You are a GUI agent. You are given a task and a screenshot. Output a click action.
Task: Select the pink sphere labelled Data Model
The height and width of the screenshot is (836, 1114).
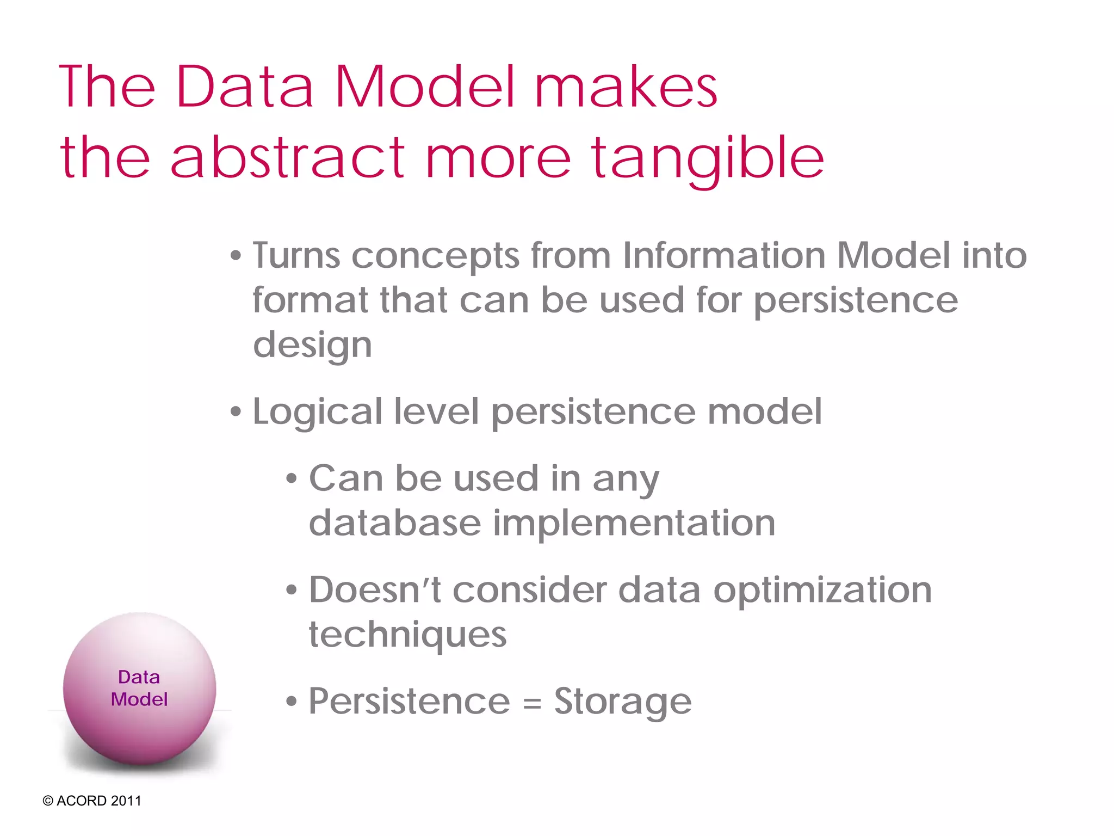point(139,689)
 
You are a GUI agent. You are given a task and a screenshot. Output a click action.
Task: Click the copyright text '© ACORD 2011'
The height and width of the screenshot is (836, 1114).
point(92,801)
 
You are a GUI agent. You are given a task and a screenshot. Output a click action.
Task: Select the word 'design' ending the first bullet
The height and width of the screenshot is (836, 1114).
point(312,346)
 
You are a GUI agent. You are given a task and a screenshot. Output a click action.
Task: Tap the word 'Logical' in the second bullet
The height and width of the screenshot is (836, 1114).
point(317,412)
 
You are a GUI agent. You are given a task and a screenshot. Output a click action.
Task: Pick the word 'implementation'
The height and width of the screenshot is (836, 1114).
point(634,524)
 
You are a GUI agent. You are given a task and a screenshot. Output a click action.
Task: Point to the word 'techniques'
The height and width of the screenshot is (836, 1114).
point(407,636)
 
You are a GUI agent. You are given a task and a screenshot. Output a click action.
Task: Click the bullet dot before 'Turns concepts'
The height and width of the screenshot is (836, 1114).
point(235,256)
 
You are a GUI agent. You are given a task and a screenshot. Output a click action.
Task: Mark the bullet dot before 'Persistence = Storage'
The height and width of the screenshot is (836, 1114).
point(292,702)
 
